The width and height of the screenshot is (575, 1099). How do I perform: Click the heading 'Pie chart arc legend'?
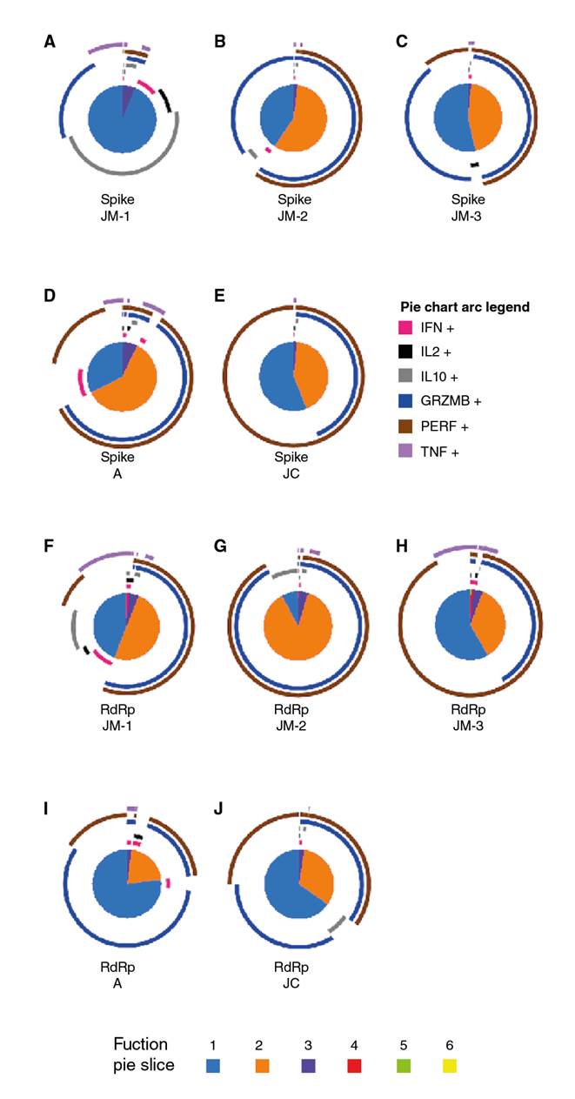(465, 307)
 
